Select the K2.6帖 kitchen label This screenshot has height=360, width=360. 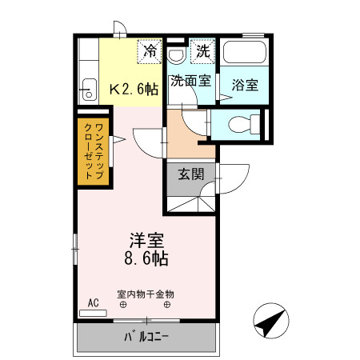132,89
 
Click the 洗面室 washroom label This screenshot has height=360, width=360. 190,81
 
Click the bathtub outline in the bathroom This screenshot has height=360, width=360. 246,54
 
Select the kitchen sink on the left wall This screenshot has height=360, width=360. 87,89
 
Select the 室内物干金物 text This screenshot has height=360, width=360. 145,294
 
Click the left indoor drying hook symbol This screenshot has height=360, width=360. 123,305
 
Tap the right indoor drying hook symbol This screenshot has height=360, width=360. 167,305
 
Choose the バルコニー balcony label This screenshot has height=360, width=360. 146,335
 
